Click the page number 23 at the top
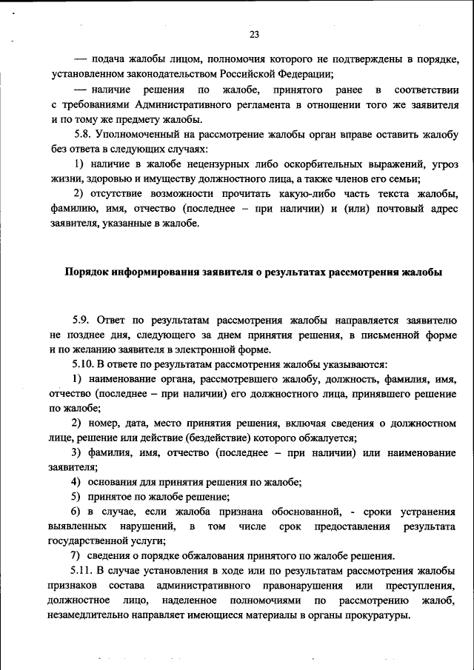coord(254,35)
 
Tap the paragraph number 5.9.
coord(82,321)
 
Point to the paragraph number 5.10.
coord(85,364)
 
